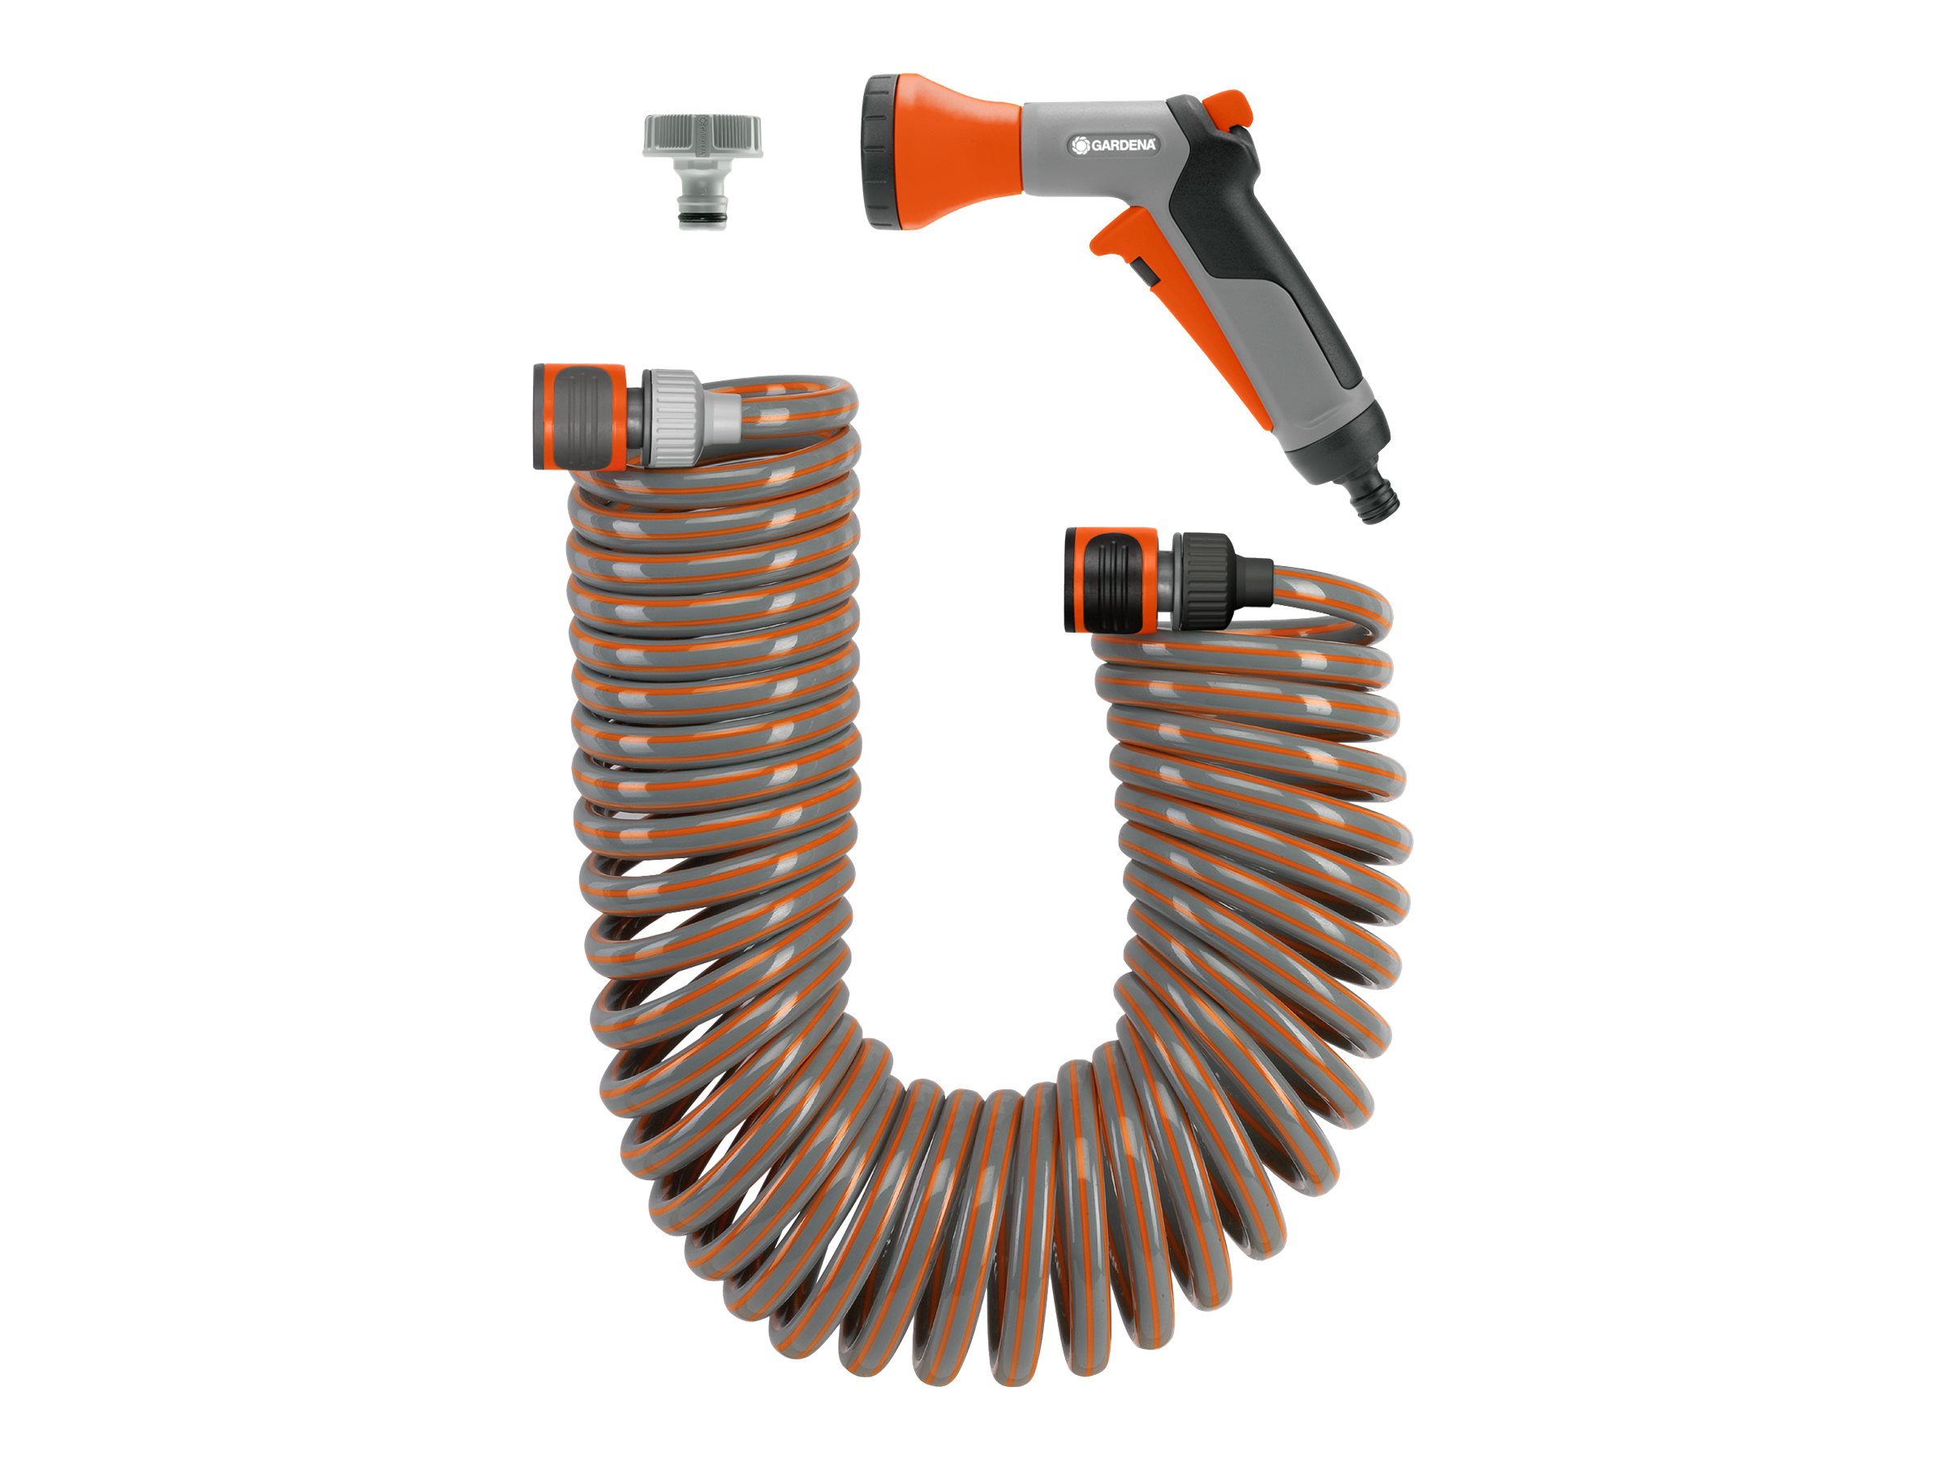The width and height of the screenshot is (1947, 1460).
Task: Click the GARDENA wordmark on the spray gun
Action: [1123, 145]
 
